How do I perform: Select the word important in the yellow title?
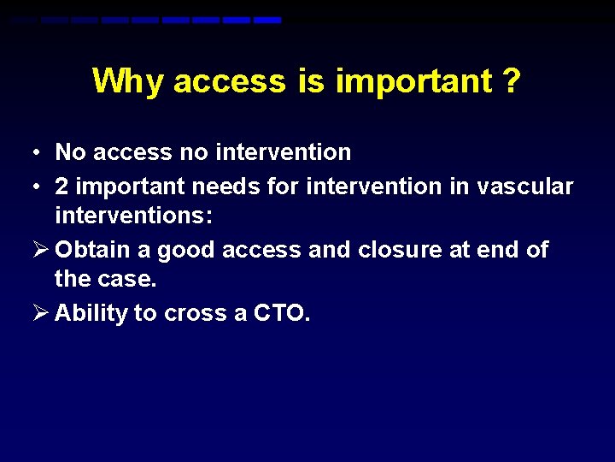point(413,81)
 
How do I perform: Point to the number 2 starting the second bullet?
point(62,187)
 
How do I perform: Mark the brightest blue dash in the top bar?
point(267,20)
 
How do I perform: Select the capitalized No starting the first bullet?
point(71,153)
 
